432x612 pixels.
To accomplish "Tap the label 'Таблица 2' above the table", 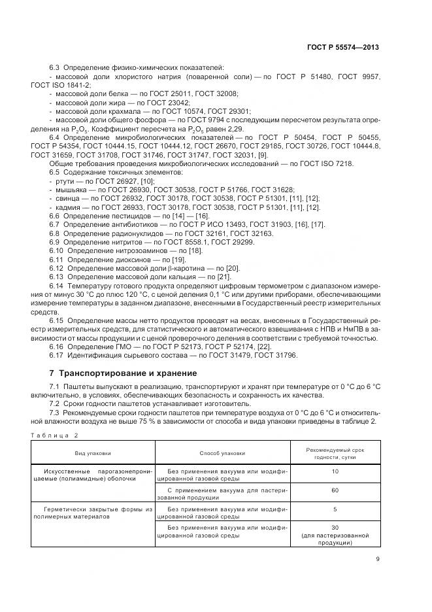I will pos(54,435).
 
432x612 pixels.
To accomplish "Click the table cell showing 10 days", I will pos(335,471).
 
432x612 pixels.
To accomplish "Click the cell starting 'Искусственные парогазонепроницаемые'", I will pos(93,474).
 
